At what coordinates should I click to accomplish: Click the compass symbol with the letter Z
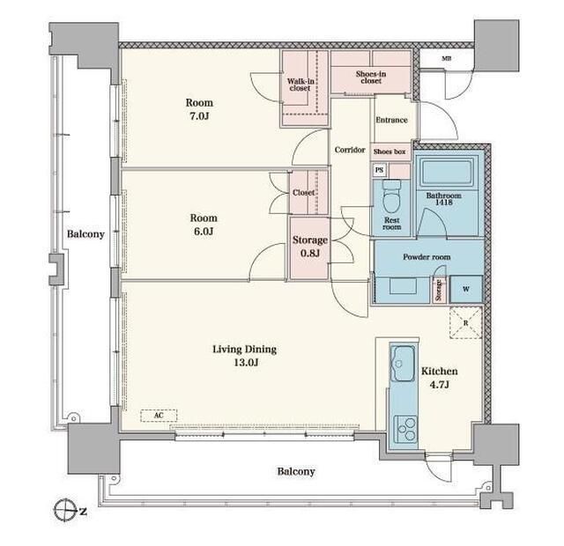tap(67, 511)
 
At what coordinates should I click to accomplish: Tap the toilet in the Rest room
tap(391, 196)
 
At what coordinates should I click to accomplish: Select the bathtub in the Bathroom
tap(446, 173)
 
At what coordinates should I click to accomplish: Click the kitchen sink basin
tap(403, 363)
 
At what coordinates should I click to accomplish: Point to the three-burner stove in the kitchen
tap(405, 429)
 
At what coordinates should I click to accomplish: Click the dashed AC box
tap(159, 416)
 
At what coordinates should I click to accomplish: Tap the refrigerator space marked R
tap(466, 323)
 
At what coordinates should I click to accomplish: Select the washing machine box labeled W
tap(466, 289)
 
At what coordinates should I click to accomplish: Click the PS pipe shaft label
tap(379, 170)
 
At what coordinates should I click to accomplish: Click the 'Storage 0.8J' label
tap(309, 247)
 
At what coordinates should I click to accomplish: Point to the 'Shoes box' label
tap(390, 151)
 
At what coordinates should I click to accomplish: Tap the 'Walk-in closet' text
tap(301, 85)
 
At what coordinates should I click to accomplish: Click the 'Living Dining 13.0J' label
tap(245, 356)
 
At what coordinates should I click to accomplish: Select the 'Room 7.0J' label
tap(199, 109)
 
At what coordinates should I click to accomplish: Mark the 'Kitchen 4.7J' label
tap(440, 378)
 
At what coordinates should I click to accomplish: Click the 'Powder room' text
tap(427, 257)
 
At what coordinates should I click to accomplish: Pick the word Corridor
tap(350, 150)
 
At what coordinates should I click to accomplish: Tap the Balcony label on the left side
tap(85, 234)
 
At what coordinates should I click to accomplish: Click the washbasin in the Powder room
tap(403, 286)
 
